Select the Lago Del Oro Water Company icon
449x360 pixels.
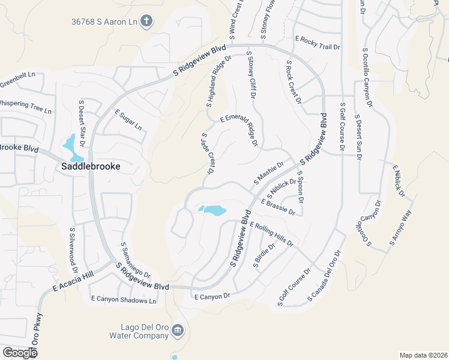point(178,329)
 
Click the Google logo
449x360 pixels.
point(20,353)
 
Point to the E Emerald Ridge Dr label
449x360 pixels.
point(239,128)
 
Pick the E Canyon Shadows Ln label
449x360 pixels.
point(124,299)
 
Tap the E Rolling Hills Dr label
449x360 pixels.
point(271,234)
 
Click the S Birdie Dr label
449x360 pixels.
point(264,257)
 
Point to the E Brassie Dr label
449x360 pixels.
point(278,208)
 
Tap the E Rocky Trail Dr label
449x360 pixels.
point(318,41)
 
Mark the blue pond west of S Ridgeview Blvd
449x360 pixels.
point(212,210)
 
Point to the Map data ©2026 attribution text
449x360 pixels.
point(423,355)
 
